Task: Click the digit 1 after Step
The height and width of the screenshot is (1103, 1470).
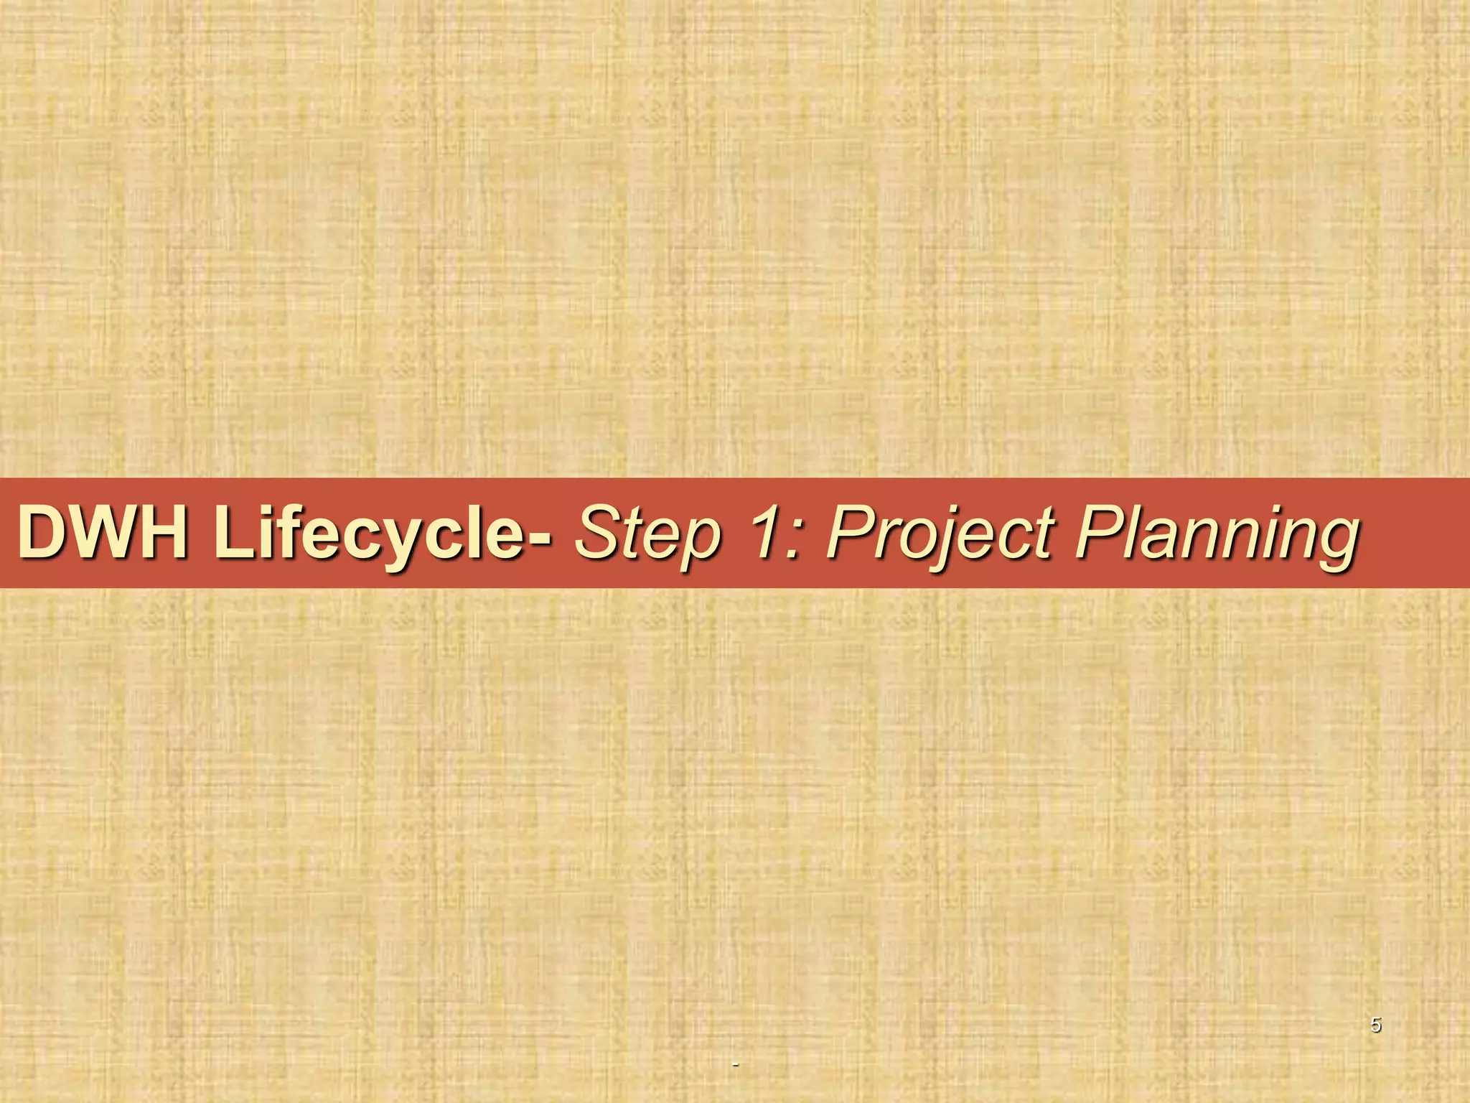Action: (x=758, y=533)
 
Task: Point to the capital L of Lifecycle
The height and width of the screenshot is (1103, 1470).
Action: (x=231, y=533)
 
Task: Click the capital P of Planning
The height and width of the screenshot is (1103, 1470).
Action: (x=1095, y=533)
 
